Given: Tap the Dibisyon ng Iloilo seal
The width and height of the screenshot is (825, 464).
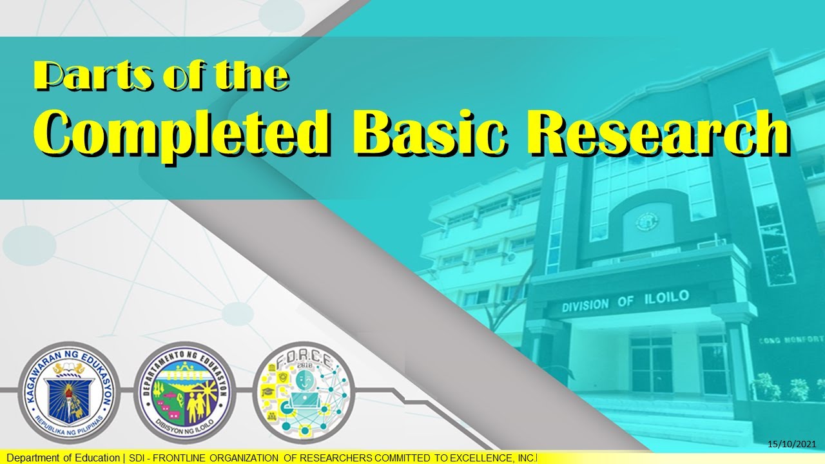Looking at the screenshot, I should click(x=184, y=393).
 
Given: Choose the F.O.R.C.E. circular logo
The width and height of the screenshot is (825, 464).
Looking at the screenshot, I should click(x=303, y=393).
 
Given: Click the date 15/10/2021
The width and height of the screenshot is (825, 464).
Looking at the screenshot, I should click(x=792, y=444).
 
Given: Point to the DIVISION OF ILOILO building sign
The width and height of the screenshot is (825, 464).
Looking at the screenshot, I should click(x=625, y=300).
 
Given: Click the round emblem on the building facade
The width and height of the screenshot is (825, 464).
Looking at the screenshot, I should click(x=644, y=222).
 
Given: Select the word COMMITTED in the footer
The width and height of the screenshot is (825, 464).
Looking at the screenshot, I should click(x=396, y=458).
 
